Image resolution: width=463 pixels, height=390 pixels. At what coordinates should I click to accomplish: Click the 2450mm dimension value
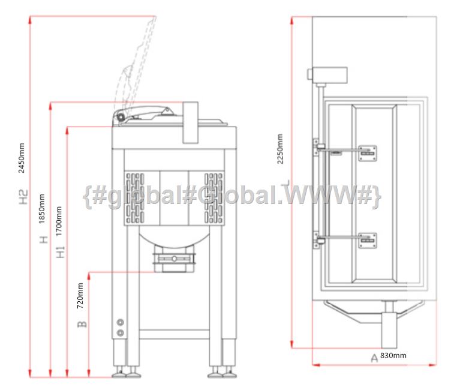(x=21, y=158)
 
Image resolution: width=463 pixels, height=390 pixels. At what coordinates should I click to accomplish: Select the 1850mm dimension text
(x=41, y=209)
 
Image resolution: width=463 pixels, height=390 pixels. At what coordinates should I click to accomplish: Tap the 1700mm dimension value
(x=59, y=221)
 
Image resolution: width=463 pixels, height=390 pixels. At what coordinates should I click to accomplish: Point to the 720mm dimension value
(x=80, y=296)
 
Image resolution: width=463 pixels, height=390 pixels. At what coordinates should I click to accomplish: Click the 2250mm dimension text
(x=280, y=149)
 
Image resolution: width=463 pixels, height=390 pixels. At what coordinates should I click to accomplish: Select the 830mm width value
(x=393, y=355)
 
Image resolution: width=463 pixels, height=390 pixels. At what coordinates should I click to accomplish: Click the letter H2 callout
(x=23, y=197)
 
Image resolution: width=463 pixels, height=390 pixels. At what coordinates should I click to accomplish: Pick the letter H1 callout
(x=61, y=252)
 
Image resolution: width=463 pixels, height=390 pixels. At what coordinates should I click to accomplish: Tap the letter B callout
(x=82, y=324)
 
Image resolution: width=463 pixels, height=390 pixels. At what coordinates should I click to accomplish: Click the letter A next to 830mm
(x=374, y=358)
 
